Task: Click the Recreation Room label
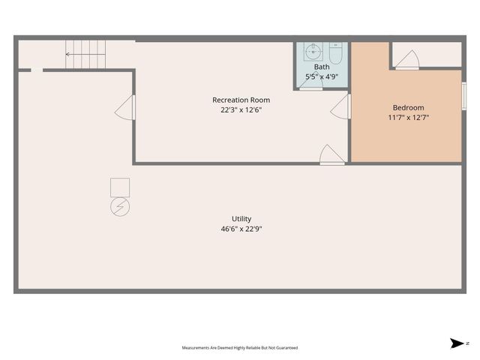(x=241, y=100)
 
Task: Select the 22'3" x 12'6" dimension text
(x=241, y=109)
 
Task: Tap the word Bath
(x=322, y=67)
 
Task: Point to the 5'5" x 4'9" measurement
(x=322, y=76)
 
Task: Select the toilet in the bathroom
(x=335, y=53)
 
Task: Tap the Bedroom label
(x=408, y=107)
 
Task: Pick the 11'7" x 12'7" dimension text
(x=408, y=117)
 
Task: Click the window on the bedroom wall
(x=463, y=95)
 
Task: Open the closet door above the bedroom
(x=407, y=60)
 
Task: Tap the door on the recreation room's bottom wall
(x=331, y=155)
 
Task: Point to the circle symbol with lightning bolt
(x=120, y=207)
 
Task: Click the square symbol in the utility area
(x=120, y=187)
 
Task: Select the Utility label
(x=241, y=219)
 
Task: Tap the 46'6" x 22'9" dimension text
(x=241, y=229)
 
